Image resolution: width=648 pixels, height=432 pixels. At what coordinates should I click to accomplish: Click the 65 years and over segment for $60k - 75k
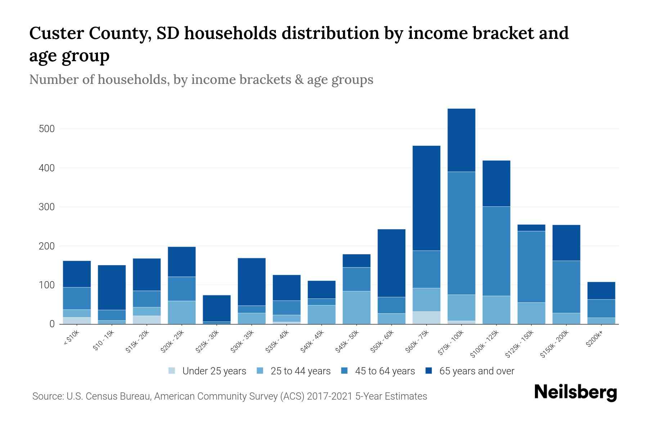tap(426, 198)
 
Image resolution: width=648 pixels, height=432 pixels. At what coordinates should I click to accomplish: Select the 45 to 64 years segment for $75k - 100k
tap(461, 233)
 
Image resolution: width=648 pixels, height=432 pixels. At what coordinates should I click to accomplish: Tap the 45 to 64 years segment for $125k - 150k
tap(531, 266)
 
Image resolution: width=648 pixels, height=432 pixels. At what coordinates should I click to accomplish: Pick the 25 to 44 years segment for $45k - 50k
tap(356, 307)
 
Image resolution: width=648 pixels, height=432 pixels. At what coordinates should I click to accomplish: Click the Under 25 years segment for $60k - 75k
tap(426, 318)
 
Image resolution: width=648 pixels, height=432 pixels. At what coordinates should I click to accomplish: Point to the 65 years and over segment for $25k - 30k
tap(216, 308)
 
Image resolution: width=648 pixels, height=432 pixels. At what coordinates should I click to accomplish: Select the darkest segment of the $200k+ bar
tap(601, 291)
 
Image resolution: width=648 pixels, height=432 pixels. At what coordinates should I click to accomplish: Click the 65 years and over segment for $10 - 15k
tap(112, 287)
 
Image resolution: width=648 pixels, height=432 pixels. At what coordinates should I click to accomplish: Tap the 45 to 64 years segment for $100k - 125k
tap(496, 251)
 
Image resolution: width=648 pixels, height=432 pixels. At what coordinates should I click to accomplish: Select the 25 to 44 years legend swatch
tap(260, 371)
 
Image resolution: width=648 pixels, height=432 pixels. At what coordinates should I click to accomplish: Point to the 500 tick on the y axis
tap(46, 129)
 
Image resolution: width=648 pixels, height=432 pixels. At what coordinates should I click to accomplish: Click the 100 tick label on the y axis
tap(46, 285)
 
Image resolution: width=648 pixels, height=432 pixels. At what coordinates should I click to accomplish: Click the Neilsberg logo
tap(575, 392)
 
